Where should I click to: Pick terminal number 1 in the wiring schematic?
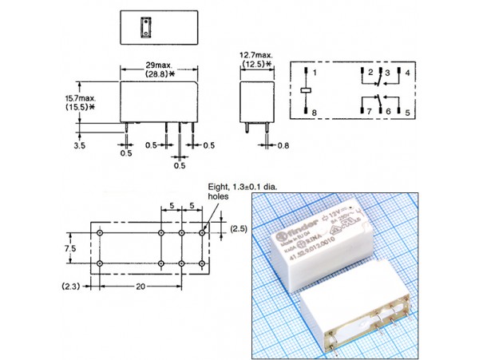click(315, 73)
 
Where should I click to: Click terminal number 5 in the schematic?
click(408, 114)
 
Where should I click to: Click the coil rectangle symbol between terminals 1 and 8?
click(305, 93)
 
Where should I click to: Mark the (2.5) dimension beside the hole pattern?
click(239, 229)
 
